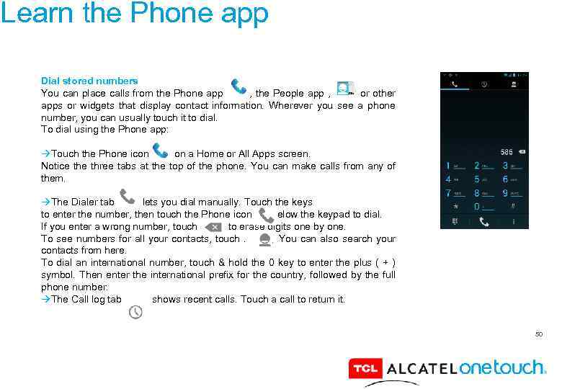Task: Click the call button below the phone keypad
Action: pos(484,222)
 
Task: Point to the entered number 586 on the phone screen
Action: pos(507,152)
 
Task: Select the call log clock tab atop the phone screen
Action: pos(484,84)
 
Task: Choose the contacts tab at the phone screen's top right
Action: pos(514,84)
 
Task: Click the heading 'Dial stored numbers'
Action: pos(89,81)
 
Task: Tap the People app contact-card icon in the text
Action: pos(345,89)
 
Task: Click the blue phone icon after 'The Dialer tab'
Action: pos(128,197)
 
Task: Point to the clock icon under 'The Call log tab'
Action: pos(135,312)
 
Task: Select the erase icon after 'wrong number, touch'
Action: pos(213,227)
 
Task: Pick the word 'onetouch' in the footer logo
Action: pos(503,368)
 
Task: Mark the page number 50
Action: pos(539,334)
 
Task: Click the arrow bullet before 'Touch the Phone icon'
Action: pos(45,154)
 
